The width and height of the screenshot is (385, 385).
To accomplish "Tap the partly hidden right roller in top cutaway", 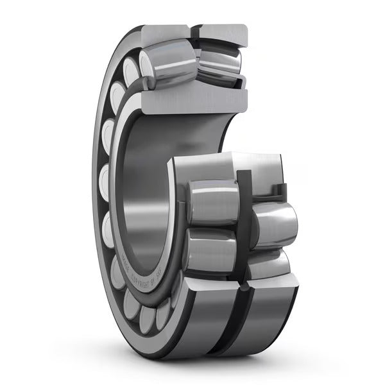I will [x=221, y=64].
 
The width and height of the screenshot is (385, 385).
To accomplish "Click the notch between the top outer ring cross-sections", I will [x=195, y=32].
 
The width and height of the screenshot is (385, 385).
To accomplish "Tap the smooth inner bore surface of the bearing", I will [x=144, y=212].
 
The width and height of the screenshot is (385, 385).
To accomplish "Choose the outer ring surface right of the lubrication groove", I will [x=269, y=314].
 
